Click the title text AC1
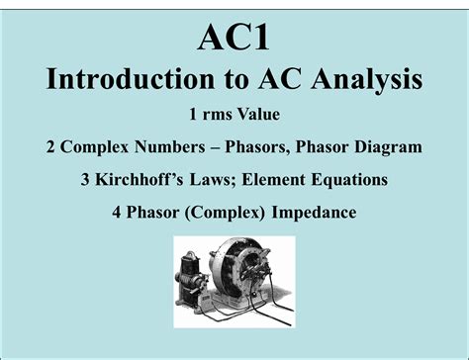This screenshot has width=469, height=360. click(234, 39)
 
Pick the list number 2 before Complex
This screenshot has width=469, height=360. click(50, 147)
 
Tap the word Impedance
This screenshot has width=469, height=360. click(316, 213)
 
